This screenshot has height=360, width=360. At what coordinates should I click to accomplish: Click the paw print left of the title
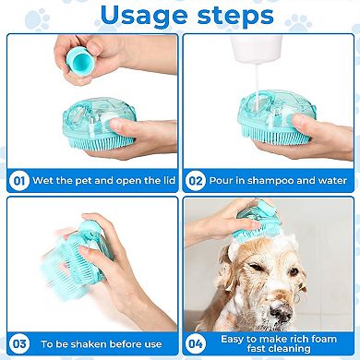click(37, 18)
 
